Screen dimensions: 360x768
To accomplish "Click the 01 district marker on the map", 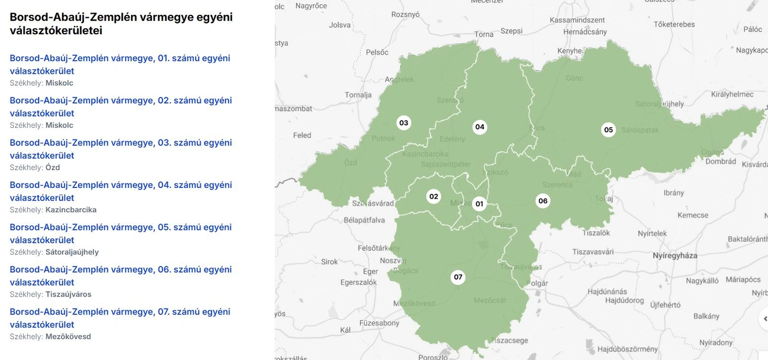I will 479,204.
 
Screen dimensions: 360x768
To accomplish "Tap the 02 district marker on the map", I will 434,197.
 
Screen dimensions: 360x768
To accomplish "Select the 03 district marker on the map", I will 403,123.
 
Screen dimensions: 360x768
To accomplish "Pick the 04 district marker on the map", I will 480,127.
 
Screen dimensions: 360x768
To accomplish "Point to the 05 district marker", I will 608,130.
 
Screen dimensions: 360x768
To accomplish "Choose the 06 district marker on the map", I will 543,201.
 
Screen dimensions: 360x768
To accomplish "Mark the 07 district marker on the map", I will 458,277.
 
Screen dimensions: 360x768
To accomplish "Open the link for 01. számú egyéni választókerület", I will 120,64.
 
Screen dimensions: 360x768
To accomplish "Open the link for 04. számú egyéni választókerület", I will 121,191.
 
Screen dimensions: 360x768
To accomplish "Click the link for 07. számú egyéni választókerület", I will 120,318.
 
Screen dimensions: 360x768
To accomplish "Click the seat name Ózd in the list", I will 53,168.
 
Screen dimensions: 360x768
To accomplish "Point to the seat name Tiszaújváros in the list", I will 69,294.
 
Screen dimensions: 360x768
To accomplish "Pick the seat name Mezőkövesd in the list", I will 68,337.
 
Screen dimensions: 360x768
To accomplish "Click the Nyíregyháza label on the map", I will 675,256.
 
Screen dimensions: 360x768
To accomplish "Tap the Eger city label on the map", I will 370,272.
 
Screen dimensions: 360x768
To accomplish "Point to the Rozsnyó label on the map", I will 405,15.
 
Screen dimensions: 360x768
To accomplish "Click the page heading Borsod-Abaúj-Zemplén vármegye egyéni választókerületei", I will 121,24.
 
